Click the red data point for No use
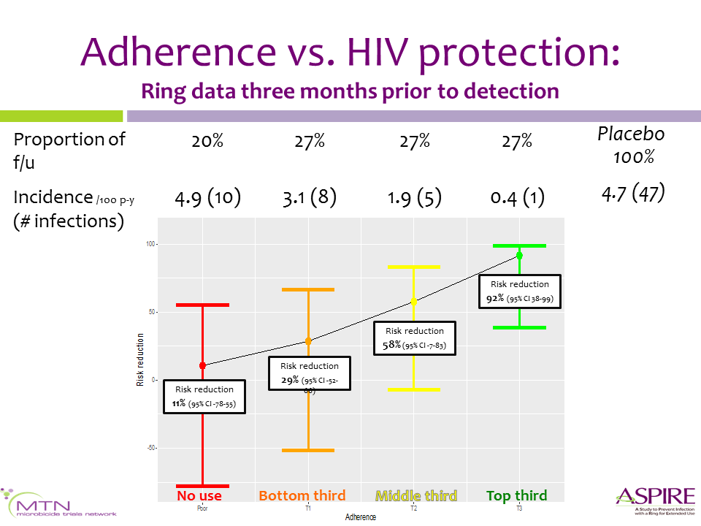202,365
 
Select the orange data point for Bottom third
308,341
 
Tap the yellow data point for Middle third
414,301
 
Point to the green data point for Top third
519,255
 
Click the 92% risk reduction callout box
519,291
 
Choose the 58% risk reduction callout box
414,338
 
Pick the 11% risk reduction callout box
204,396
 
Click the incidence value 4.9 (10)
208,197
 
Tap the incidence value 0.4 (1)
516,197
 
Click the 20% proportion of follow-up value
207,141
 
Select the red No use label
199,496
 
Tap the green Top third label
516,496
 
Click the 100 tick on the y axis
151,244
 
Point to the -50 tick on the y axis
151,448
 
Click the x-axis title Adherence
361,517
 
